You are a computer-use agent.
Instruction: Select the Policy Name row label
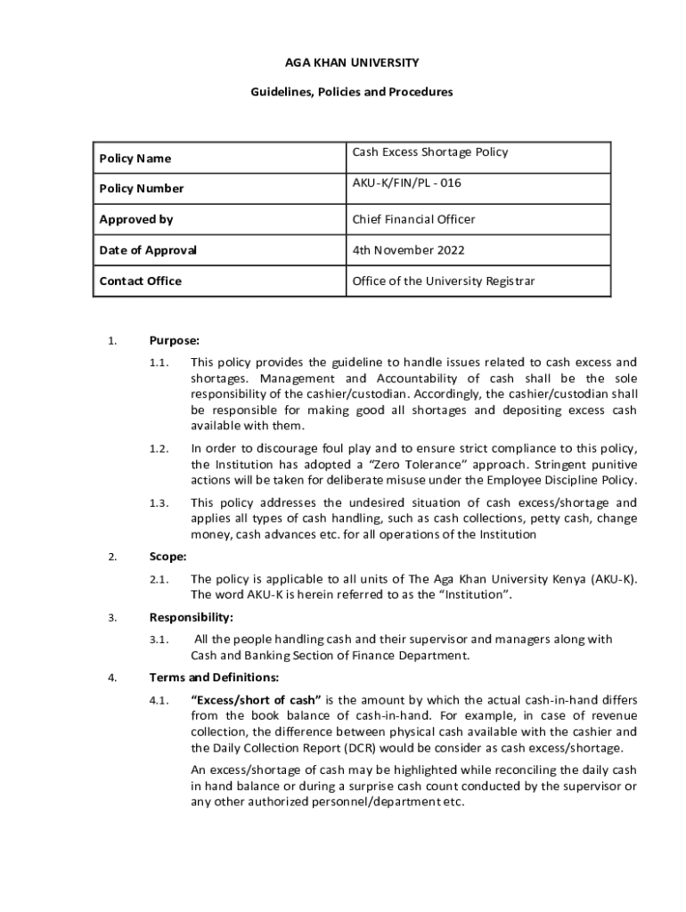(x=135, y=159)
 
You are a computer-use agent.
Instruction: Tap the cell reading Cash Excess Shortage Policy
(x=430, y=152)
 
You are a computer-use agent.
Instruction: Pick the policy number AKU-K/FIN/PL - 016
(x=407, y=183)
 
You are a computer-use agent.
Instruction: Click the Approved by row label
(x=136, y=219)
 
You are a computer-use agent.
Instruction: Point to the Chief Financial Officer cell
(x=414, y=219)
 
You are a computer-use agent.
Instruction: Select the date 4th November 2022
(x=409, y=250)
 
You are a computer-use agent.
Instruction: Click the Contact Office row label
(x=141, y=281)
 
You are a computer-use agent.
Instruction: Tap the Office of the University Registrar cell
(x=444, y=281)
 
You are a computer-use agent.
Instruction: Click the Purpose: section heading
(x=175, y=340)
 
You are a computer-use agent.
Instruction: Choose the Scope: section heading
(x=168, y=557)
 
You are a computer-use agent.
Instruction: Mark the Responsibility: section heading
(x=192, y=617)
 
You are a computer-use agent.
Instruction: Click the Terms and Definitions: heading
(x=203, y=678)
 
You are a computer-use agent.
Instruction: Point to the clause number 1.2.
(x=159, y=448)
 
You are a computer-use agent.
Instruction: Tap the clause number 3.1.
(x=159, y=639)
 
